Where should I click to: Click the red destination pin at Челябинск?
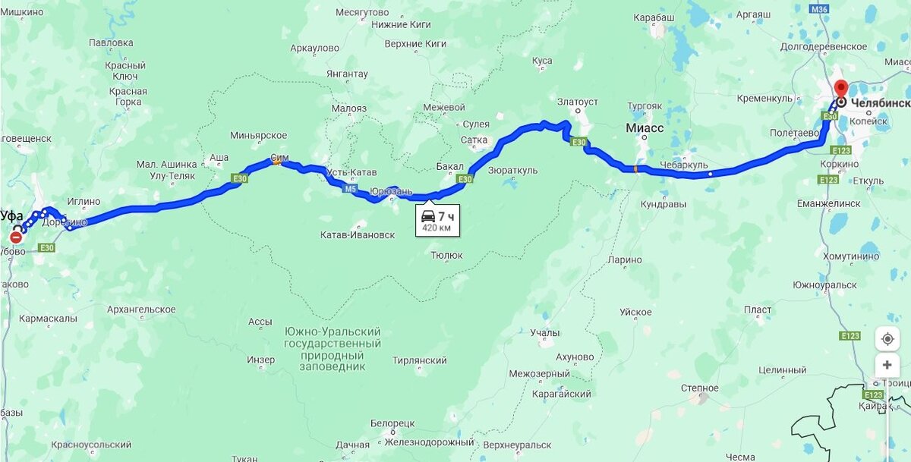click(840, 88)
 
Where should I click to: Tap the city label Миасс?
click(645, 128)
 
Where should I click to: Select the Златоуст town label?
click(577, 102)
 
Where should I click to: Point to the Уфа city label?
click(12, 215)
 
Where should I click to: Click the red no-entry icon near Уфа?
click(16, 238)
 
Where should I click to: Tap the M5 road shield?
click(350, 189)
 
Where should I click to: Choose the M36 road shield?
click(818, 9)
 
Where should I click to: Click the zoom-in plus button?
click(887, 366)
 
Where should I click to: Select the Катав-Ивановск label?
click(357, 235)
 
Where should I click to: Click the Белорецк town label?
click(392, 423)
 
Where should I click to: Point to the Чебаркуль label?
click(683, 165)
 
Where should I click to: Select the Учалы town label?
click(545, 333)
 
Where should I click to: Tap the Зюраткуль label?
click(513, 170)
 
